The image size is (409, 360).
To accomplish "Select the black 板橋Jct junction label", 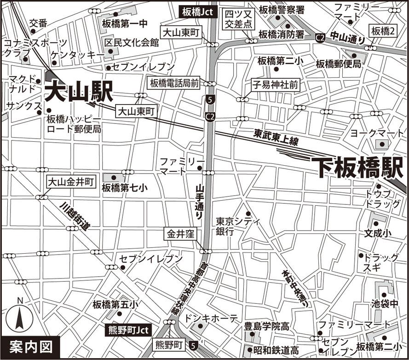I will click(x=197, y=12).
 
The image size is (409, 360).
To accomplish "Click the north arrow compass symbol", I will click(x=19, y=317).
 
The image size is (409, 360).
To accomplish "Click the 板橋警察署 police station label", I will click(x=281, y=10).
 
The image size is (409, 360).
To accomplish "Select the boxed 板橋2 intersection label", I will click(x=383, y=31).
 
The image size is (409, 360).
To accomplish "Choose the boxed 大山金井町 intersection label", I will click(x=71, y=182).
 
